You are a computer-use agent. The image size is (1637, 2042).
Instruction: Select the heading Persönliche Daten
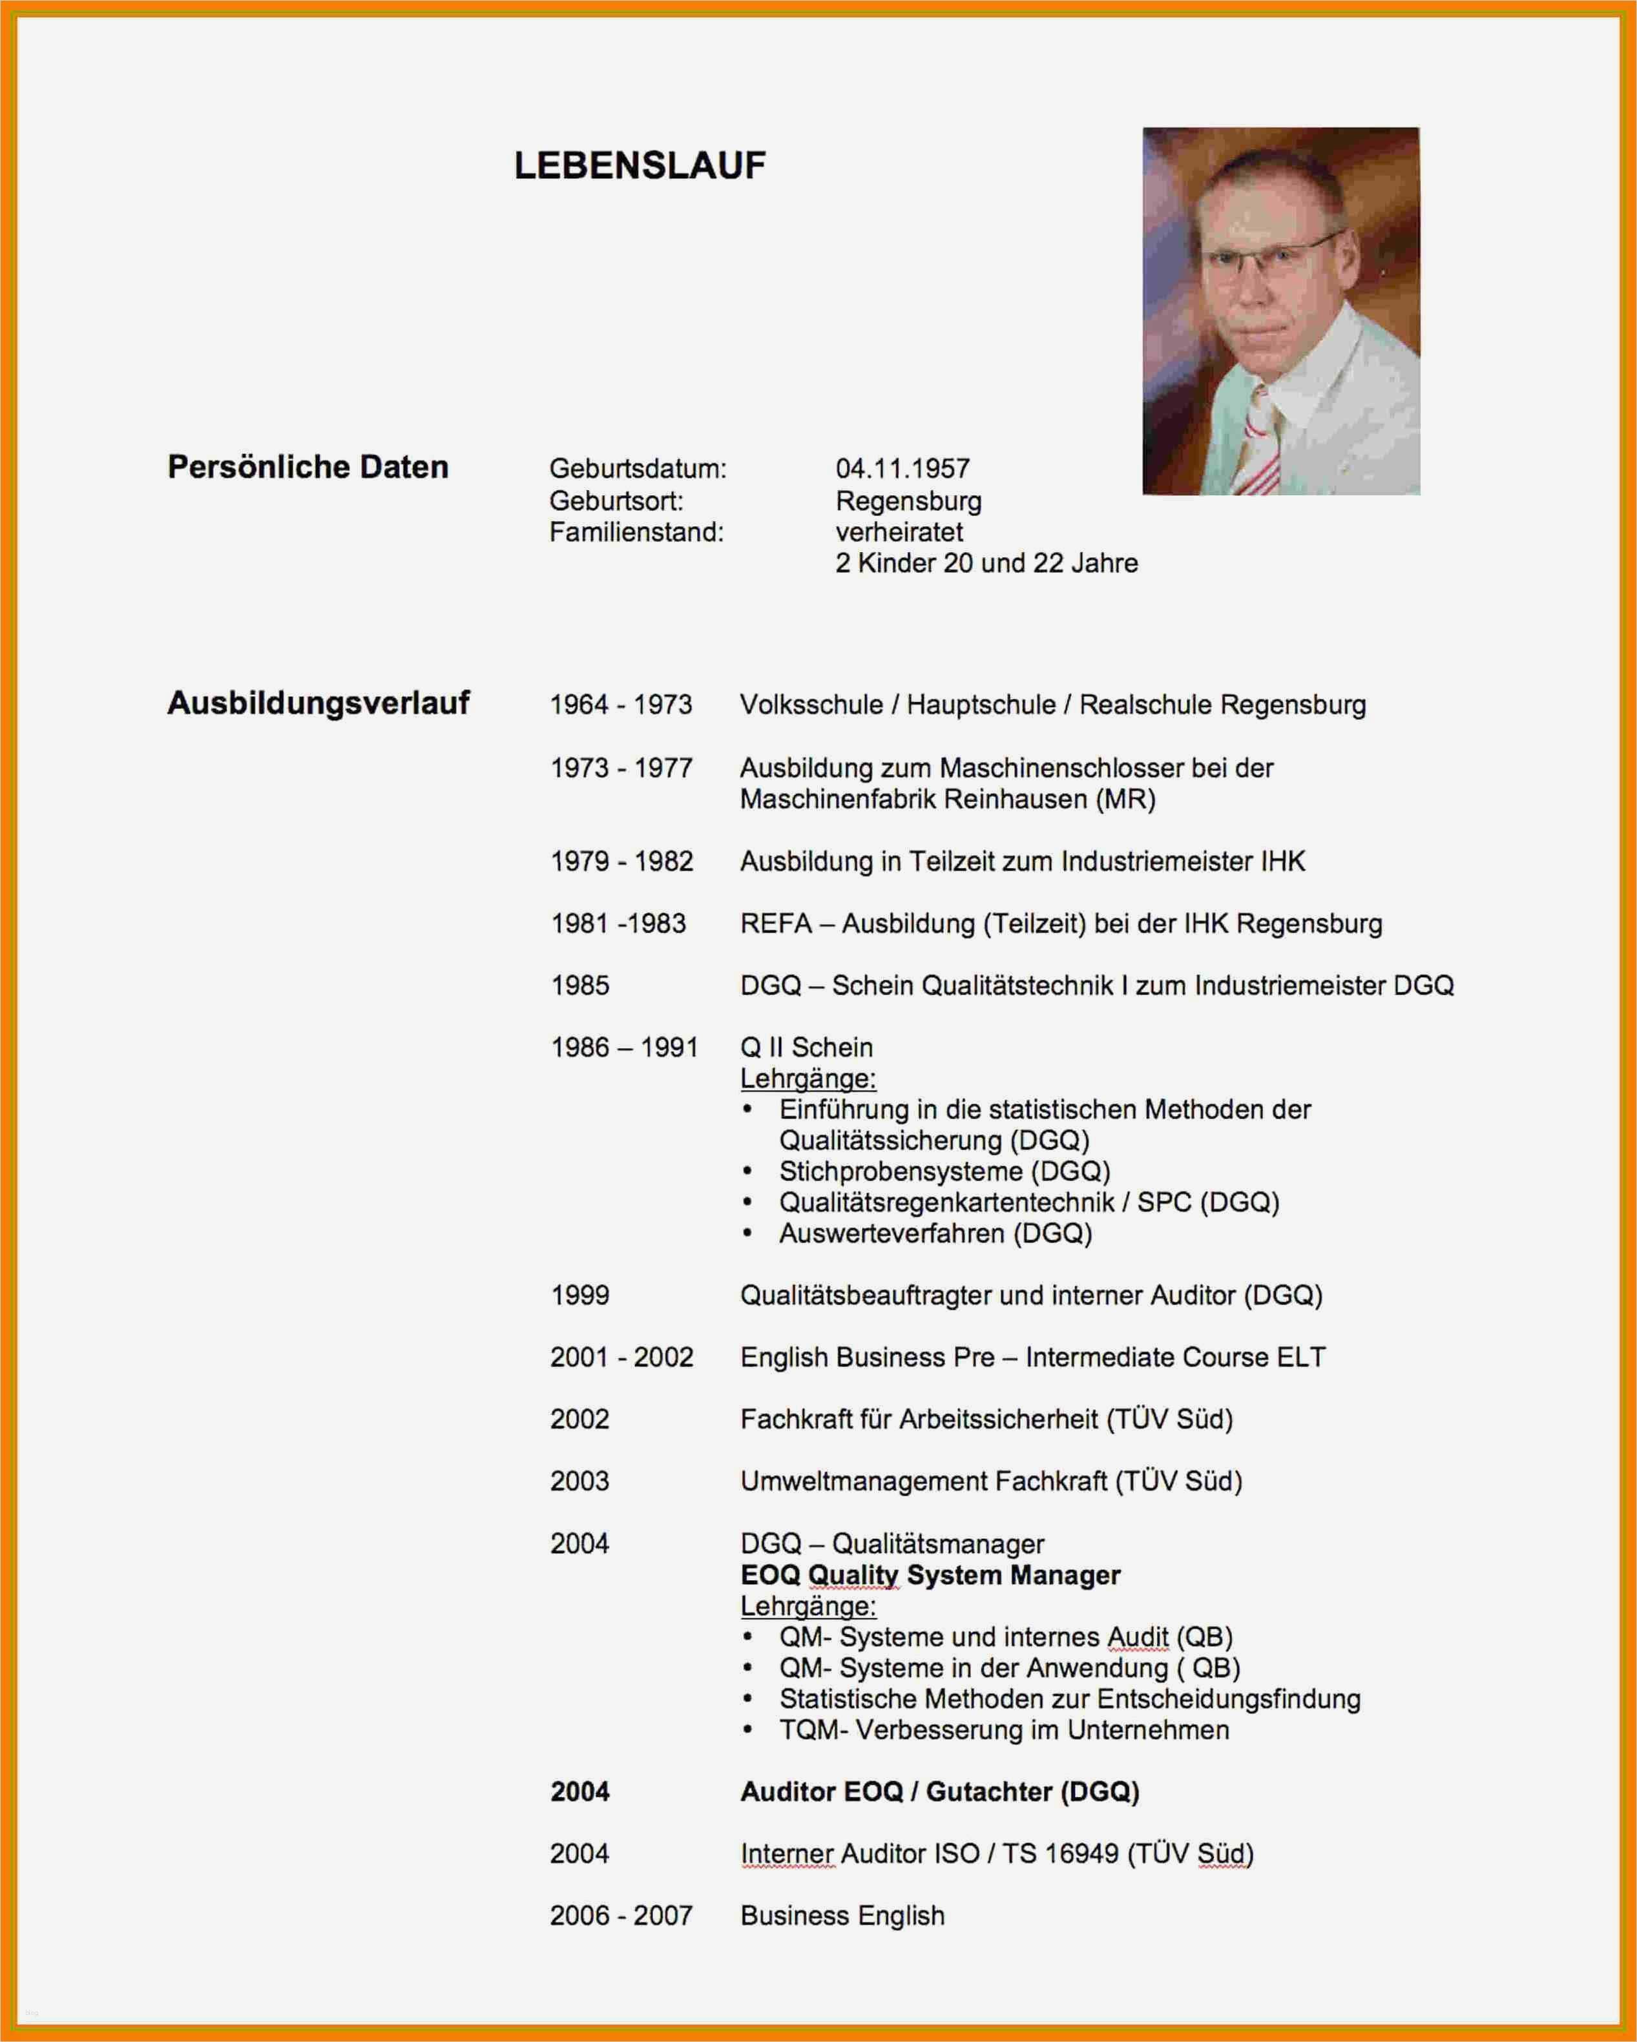[308, 467]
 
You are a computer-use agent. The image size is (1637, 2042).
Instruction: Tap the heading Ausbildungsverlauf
[318, 703]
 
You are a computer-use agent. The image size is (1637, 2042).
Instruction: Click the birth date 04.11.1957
[902, 469]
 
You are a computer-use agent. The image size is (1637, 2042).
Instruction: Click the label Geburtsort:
[616, 501]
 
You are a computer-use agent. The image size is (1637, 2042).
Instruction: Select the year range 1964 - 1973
[621, 705]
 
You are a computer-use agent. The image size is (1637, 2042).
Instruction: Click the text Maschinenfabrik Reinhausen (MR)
[947, 799]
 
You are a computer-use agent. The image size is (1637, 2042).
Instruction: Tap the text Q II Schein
[806, 1047]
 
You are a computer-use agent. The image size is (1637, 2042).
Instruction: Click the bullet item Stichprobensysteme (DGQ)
[944, 1171]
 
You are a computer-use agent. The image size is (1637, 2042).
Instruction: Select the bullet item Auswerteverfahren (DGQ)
[935, 1233]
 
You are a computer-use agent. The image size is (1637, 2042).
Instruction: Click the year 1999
[579, 1295]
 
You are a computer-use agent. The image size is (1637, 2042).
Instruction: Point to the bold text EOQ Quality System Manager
[930, 1575]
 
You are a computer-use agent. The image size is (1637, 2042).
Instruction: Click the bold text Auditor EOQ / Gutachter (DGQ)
[939, 1792]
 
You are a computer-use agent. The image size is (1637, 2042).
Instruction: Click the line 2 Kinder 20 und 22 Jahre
[986, 564]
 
